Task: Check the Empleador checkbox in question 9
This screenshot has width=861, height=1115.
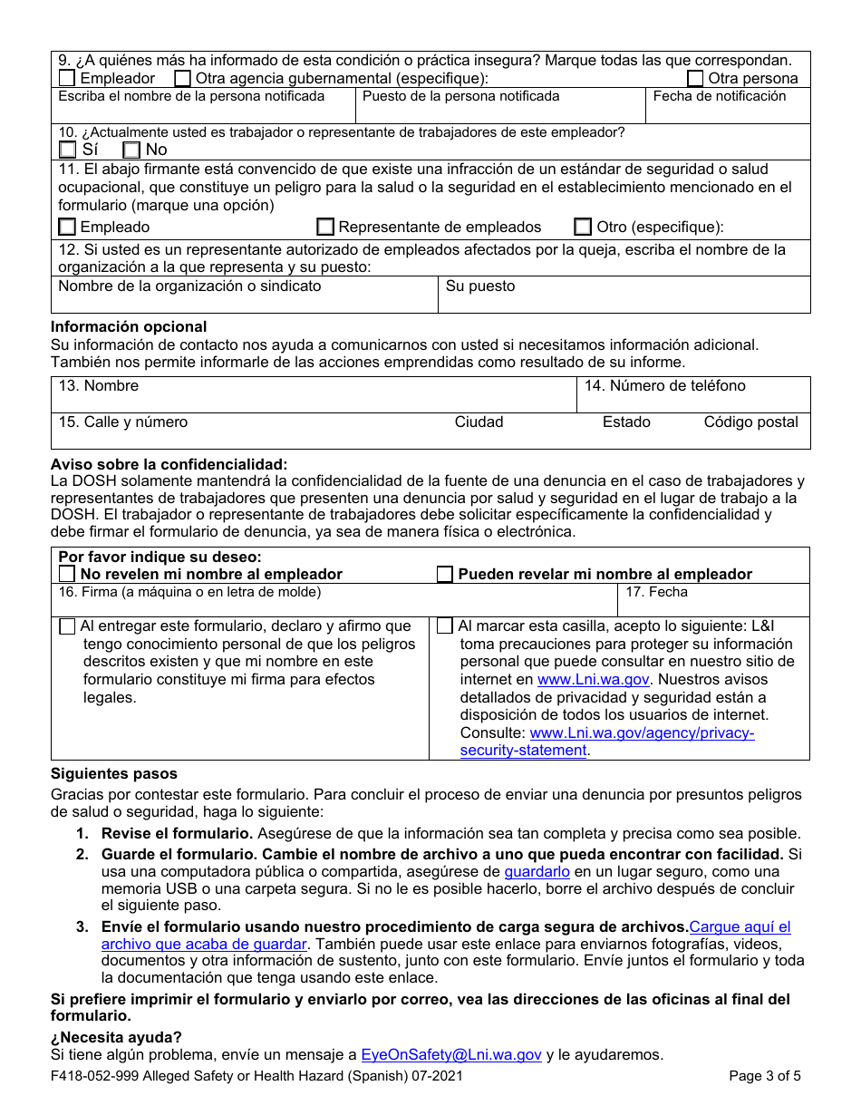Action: (67, 79)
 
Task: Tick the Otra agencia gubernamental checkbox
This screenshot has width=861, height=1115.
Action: (182, 79)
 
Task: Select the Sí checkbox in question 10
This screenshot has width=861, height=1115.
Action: (67, 150)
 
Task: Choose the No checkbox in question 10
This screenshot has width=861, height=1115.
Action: (131, 150)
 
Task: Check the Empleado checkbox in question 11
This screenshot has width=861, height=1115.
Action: (67, 227)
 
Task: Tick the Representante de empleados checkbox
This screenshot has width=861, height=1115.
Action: (325, 227)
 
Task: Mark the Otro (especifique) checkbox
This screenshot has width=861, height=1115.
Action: (583, 227)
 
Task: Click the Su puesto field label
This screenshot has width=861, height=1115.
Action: (479, 286)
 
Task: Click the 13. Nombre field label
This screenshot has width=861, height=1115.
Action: (98, 386)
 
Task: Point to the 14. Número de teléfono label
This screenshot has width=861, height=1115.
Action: (664, 386)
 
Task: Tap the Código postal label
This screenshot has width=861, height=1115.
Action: (750, 422)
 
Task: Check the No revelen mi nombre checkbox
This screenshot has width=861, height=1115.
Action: (67, 574)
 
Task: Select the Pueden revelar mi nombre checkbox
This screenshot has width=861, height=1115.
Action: (445, 574)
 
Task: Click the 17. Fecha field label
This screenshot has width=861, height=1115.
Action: (656, 592)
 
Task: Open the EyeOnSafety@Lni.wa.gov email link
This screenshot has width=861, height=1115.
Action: (450, 1054)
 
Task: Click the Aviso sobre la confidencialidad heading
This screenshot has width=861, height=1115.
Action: (169, 464)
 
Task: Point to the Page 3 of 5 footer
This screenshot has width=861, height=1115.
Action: (764, 1077)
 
